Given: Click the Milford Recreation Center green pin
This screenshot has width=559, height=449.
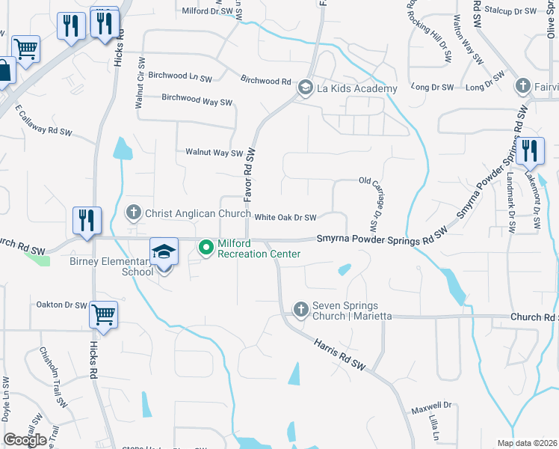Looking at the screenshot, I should pos(207,245).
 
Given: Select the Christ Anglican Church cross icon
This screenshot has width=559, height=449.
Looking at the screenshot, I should pos(134,213).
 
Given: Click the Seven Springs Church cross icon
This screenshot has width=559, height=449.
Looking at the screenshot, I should pos(300,309).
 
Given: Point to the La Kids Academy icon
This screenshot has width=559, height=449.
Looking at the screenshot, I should pos(305,88).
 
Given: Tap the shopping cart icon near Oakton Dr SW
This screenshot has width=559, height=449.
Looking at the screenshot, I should pos(103,315).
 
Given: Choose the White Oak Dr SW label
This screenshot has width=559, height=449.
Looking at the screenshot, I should pos(285,218).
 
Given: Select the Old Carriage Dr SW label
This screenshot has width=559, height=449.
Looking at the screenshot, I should pos(371,203).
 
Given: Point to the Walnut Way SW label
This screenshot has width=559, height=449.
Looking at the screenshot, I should pos(214,153).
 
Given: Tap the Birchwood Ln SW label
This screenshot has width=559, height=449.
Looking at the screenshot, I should pos(180,78).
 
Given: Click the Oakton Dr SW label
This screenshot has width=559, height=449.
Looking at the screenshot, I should pos(62,305).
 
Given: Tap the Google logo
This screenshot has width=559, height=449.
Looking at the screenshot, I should pos(25,440).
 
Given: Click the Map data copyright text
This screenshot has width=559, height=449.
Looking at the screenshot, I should pos(528,443).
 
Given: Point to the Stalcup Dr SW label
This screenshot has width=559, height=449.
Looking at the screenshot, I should pos(510,11).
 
